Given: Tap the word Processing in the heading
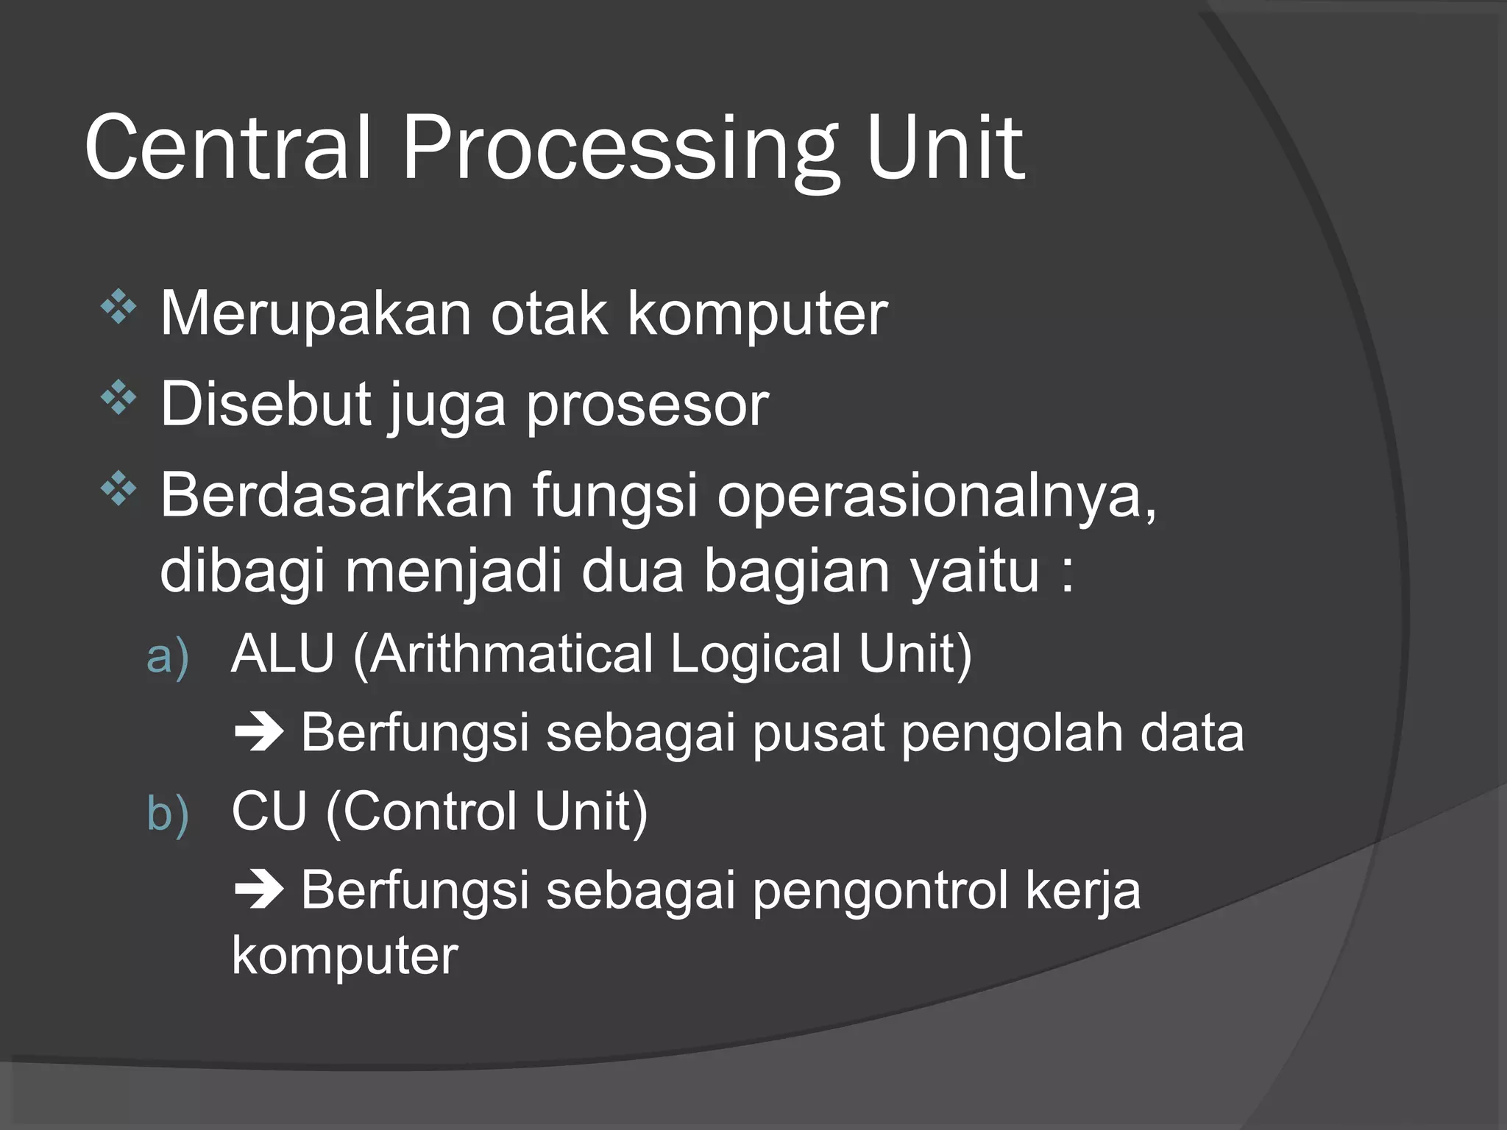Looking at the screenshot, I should pyautogui.click(x=618, y=151).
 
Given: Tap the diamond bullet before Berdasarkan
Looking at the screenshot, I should pyautogui.click(x=119, y=489).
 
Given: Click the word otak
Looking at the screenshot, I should pyautogui.click(x=549, y=314).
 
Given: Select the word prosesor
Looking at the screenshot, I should pyautogui.click(x=648, y=406).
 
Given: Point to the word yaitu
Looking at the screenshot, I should pyautogui.click(x=974, y=572).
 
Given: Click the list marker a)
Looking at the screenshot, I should pyautogui.click(x=168, y=656).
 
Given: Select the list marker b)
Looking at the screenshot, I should pyautogui.click(x=168, y=814).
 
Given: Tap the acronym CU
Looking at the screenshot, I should pyautogui.click(x=269, y=811).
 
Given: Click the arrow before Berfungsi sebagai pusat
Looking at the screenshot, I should pyautogui.click(x=258, y=733).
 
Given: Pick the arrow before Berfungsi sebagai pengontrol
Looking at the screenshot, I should pyautogui.click(x=258, y=891).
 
